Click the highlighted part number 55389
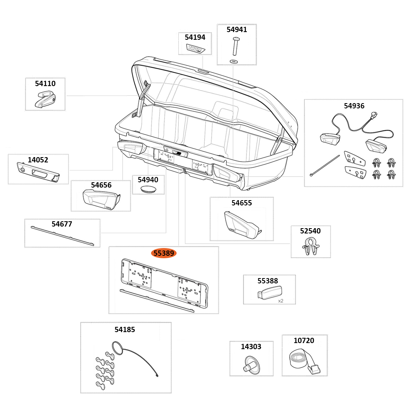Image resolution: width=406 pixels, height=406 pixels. pos(164,253)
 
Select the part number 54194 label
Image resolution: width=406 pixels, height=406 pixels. pos(195,37)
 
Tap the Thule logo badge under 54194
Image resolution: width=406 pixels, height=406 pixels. pos(196,49)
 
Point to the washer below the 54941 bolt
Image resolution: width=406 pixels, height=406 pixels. pos(233,61)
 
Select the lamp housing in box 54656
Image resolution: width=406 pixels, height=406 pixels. pos(100,199)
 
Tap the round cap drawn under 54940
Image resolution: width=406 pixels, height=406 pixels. pos(149,189)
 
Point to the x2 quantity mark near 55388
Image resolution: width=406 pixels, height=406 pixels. pos(281,301)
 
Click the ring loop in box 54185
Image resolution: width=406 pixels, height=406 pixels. pos(117,348)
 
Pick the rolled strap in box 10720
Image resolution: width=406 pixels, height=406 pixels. pos(303,361)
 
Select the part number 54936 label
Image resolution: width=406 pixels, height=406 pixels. pos(354,106)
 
